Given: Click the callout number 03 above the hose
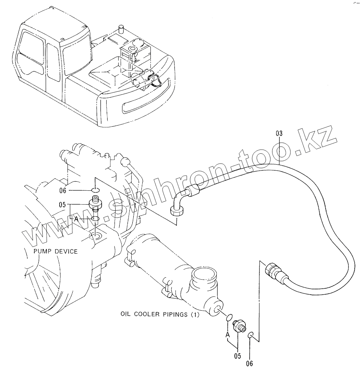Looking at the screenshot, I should pos(279,133).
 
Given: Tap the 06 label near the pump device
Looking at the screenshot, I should pos(63,190).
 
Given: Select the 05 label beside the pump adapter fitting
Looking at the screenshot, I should pos(62,205).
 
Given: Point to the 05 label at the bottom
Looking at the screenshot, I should pos(237,356).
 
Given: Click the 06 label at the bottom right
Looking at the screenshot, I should pos(249,363).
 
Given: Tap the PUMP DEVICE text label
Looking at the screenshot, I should pos(55,251).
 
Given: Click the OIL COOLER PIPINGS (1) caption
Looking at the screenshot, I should pos(160,314).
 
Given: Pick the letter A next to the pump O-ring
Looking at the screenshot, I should pos(76,219).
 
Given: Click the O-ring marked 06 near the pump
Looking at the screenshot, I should pos(95,190).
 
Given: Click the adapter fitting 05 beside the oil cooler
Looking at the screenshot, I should pos(239,325).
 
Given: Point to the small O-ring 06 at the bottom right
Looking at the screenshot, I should pos(251,334).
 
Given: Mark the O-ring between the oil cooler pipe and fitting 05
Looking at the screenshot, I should pos(228,317).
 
